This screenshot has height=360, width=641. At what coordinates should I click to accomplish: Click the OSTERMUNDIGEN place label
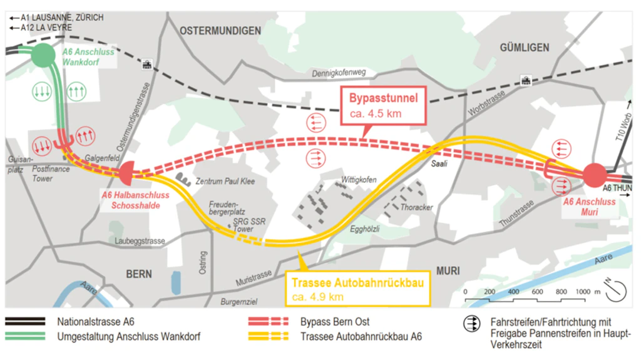[220, 31]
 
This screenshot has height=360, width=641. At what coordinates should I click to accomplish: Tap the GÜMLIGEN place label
[525, 48]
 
